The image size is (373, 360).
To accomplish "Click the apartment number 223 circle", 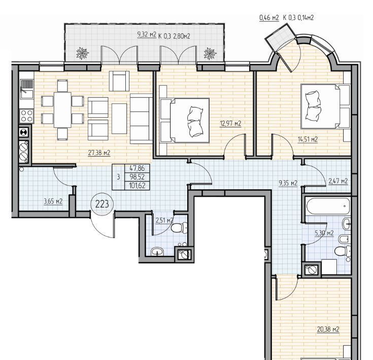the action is pyautogui.click(x=102, y=204).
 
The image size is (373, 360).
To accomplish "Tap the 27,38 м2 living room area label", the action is pyautogui.click(x=99, y=153).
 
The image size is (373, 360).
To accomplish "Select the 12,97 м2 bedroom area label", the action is pyautogui.click(x=230, y=124).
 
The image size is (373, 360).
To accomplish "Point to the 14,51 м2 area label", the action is pyautogui.click(x=308, y=139).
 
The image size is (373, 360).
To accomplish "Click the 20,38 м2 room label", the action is pyautogui.click(x=328, y=330).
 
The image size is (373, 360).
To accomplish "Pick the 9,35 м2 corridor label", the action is pyautogui.click(x=288, y=183).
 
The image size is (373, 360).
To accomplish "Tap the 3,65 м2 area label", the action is pyautogui.click(x=53, y=201).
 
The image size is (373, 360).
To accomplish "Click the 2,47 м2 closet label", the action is pyautogui.click(x=338, y=182).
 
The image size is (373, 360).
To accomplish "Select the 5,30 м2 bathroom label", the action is pyautogui.click(x=324, y=233).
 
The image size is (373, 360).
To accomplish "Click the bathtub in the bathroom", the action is pyautogui.click(x=328, y=206).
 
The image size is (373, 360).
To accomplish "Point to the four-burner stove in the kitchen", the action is pyautogui.click(x=26, y=116).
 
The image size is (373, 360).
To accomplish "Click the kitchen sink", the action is pyautogui.click(x=26, y=90).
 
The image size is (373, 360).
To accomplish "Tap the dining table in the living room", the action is pyautogui.click(x=62, y=110).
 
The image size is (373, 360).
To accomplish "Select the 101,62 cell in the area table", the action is pyautogui.click(x=137, y=186).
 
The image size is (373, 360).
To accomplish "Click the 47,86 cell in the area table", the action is pyautogui.click(x=137, y=168).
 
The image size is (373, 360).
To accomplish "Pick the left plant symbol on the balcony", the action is pyautogui.click(x=83, y=53).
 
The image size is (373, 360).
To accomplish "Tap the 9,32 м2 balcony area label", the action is pyautogui.click(x=147, y=34).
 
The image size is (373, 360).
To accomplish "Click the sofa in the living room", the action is pyautogui.click(x=141, y=119).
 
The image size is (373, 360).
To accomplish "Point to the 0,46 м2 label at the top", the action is pyautogui.click(x=269, y=18).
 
